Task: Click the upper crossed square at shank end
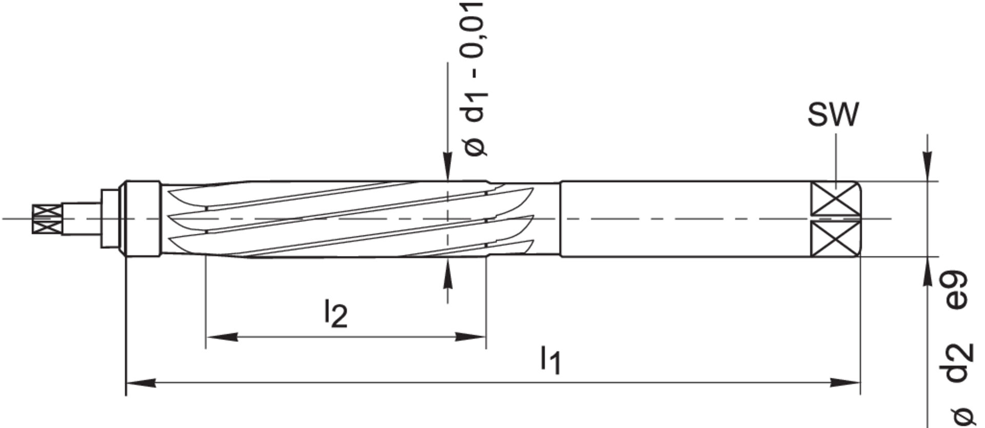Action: point(834,199)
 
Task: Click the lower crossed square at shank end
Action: point(834,239)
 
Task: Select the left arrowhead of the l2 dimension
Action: point(221,337)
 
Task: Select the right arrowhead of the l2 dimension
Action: point(471,337)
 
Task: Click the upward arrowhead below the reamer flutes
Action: point(448,272)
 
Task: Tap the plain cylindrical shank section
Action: point(682,219)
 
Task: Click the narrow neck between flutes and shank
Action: point(547,219)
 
